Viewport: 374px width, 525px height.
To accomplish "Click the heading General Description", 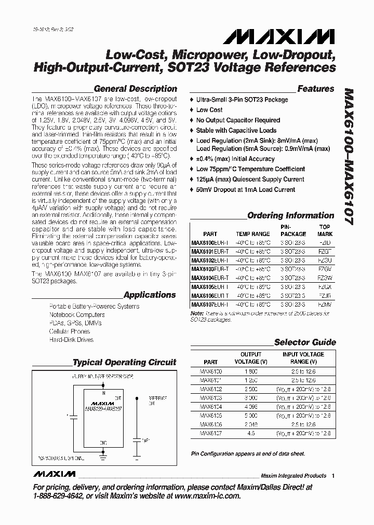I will [135, 89].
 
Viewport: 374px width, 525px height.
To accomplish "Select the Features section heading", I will [316, 89].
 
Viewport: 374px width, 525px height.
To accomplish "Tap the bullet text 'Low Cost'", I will [209, 110].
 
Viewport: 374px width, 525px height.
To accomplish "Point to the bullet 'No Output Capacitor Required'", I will [238, 120].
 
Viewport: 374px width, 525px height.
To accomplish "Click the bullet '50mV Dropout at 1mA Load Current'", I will [245, 190].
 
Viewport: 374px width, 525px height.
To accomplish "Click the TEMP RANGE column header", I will [253, 234].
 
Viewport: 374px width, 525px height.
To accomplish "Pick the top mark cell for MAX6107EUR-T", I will [325, 305].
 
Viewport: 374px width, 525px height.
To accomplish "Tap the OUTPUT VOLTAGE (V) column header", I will [251, 358].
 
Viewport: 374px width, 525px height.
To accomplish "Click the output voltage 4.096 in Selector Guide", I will [250, 407].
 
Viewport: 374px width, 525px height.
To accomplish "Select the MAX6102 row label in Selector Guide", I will [211, 389].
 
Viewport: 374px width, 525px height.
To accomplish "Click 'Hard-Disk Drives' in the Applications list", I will [71, 340].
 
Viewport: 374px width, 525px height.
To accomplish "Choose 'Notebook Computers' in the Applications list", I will [77, 315].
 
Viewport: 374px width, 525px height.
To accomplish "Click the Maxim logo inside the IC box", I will [102, 402].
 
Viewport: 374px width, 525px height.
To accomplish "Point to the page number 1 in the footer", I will [333, 476].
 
